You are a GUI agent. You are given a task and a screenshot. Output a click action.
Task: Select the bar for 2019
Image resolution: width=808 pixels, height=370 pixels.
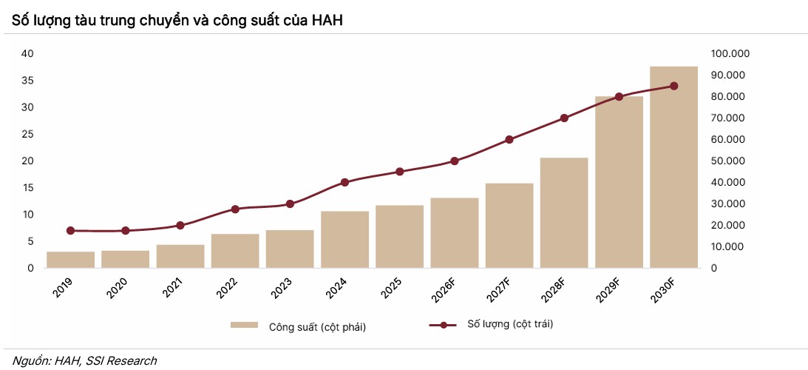point(71,260)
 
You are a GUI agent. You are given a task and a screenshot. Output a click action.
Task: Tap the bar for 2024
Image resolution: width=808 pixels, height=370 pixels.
point(344,240)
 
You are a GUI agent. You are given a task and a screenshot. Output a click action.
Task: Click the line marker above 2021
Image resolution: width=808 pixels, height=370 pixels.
point(180,225)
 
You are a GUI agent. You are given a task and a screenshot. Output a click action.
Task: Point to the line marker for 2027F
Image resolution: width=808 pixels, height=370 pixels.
point(509,139)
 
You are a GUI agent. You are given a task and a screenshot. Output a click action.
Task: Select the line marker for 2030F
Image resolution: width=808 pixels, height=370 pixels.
point(673,86)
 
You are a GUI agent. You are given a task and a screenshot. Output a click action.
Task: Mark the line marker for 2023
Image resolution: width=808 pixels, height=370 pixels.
point(290,203)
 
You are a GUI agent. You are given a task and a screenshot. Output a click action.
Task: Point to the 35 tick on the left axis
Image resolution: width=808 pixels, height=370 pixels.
point(27,81)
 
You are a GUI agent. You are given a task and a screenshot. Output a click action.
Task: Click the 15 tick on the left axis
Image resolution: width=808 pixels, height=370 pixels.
point(27,188)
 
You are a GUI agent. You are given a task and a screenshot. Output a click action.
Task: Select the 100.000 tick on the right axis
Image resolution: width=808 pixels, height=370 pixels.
point(730,54)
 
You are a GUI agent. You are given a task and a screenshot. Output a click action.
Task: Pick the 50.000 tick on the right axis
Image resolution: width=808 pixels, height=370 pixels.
point(728,161)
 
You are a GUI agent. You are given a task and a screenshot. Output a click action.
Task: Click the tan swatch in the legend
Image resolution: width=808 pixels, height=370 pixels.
point(244,325)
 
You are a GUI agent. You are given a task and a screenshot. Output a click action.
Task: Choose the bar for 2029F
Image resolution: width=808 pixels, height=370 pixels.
point(619,182)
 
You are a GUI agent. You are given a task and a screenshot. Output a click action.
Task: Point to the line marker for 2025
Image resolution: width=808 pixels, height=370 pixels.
point(400,172)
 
